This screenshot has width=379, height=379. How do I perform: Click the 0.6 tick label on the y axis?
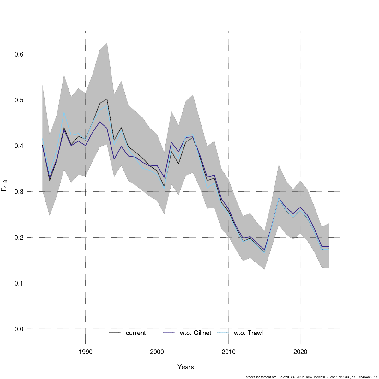click(x=19, y=54)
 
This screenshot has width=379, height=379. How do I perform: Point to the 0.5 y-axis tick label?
click(x=19, y=100)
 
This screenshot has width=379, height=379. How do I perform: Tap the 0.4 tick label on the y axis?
click(x=19, y=146)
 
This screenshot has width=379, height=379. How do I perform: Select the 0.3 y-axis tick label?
click(x=19, y=192)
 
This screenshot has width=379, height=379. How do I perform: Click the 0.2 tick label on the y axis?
click(x=19, y=238)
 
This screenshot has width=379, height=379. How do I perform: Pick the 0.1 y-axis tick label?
click(x=19, y=283)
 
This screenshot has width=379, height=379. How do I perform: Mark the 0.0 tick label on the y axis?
click(x=19, y=329)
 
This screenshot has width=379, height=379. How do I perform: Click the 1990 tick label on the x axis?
click(x=85, y=352)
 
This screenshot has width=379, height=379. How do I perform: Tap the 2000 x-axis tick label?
click(x=157, y=352)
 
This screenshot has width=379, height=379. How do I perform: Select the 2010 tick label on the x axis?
click(x=228, y=352)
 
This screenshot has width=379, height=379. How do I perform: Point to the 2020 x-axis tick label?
click(x=300, y=352)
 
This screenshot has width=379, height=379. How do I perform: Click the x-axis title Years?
click(x=186, y=367)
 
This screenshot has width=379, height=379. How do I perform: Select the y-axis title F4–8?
click(x=4, y=185)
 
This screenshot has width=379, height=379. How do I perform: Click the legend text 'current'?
click(x=136, y=333)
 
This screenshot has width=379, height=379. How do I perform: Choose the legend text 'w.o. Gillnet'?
click(x=196, y=333)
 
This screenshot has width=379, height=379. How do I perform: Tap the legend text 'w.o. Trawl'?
click(x=248, y=333)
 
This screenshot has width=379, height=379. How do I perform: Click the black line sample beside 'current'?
click(x=115, y=333)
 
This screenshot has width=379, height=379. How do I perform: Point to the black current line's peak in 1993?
click(x=107, y=99)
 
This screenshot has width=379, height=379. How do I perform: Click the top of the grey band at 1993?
click(x=107, y=42)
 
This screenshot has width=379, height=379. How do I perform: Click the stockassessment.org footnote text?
click(x=311, y=377)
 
